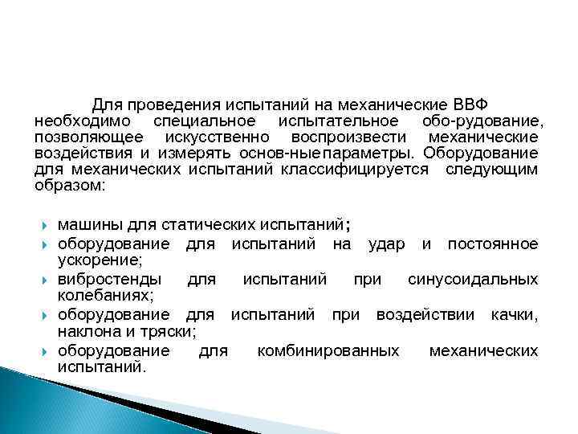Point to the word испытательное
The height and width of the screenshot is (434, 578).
[338, 121]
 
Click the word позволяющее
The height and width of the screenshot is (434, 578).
[83, 137]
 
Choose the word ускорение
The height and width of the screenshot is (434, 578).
[97, 260]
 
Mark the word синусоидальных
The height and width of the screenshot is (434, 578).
[473, 280]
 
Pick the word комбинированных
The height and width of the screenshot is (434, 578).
[328, 351]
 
